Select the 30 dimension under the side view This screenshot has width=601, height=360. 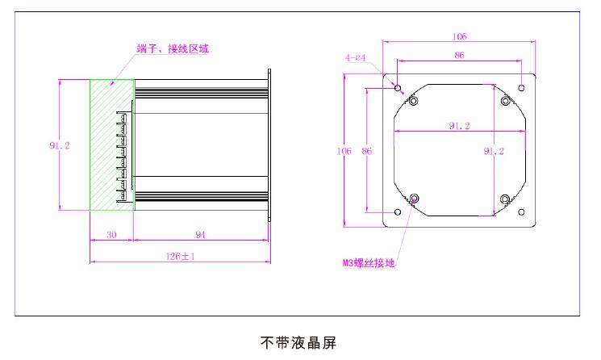point(111,235)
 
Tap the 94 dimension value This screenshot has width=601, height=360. point(200,235)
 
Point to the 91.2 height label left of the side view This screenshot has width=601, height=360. point(59,146)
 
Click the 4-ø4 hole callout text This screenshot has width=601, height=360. point(357,58)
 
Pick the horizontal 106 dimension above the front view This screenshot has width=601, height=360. point(460,36)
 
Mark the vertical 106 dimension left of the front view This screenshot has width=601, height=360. point(348,151)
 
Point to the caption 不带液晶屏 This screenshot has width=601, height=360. point(298,341)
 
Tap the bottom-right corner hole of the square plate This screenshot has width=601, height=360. point(522,211)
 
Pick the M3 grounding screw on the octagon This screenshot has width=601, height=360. point(415,199)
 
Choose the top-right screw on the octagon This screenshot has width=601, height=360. point(506,100)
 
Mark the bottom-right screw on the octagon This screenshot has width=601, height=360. point(506,199)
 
